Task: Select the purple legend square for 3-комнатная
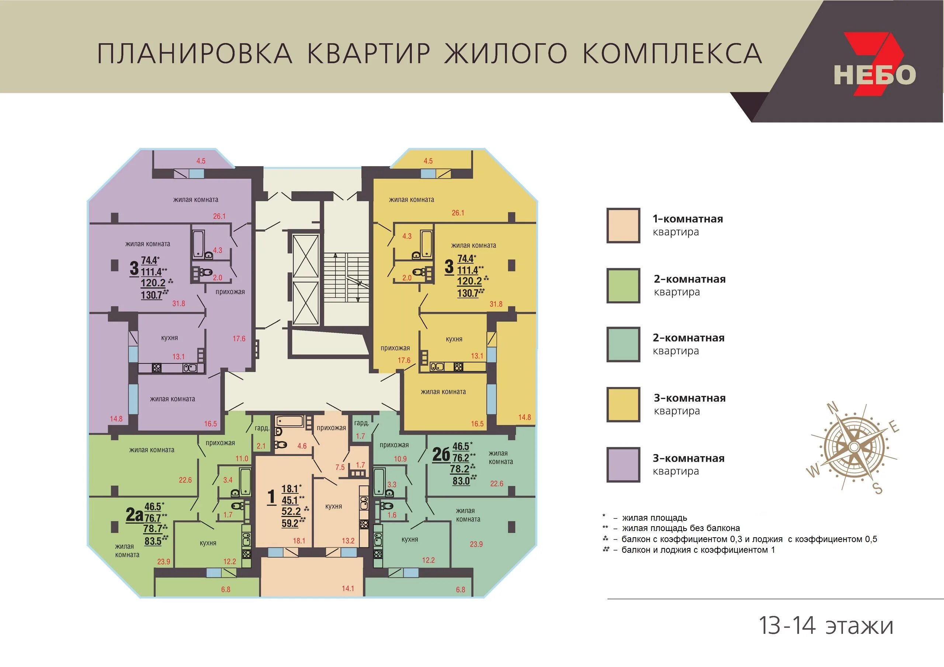tap(623, 465)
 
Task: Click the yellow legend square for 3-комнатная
tap(623, 405)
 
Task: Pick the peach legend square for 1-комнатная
tap(623, 225)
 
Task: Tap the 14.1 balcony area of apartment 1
tap(348, 588)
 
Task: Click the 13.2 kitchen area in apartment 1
tap(348, 541)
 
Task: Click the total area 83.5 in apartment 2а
tap(153, 541)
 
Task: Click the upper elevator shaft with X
tap(305, 256)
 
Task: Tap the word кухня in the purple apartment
tap(169, 338)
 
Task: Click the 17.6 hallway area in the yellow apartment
tap(404, 360)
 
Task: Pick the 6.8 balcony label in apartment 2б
tap(461, 590)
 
